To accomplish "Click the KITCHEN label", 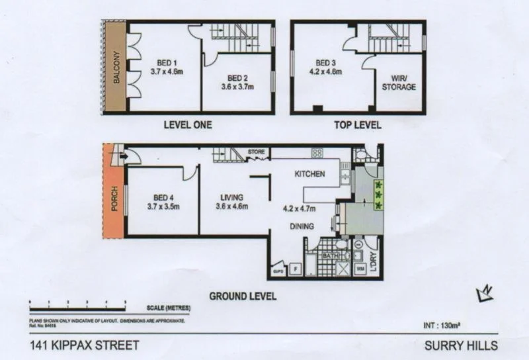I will (309, 174).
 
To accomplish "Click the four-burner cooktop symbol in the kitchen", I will (317, 153).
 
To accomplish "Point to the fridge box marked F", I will (295, 269).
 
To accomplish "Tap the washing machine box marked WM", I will (361, 269).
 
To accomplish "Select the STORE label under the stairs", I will (256, 152).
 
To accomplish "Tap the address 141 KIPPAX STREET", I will (85, 345).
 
